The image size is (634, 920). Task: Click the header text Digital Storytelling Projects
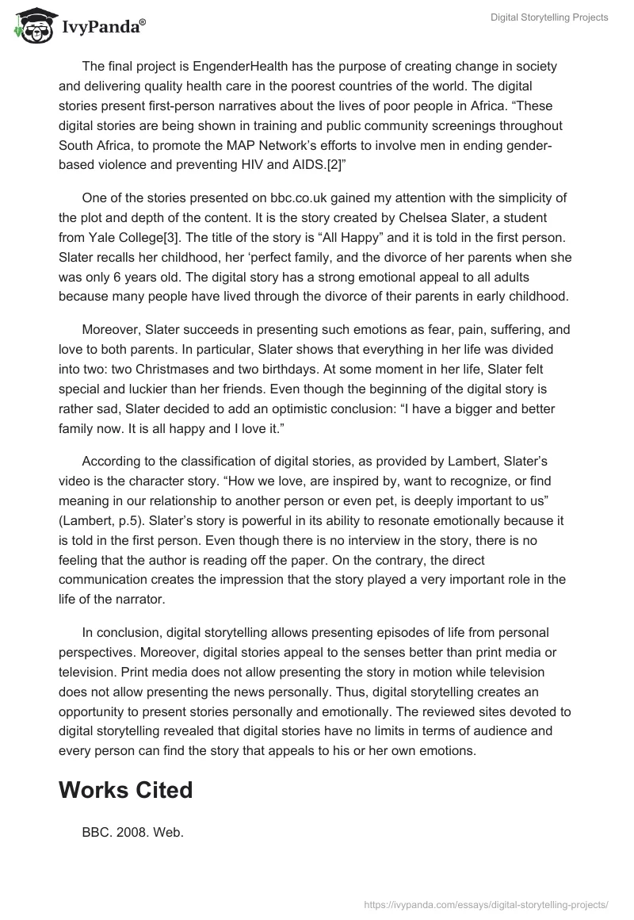click(x=548, y=17)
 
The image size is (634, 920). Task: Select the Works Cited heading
click(x=125, y=790)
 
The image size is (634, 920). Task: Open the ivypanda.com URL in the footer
click(x=486, y=903)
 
